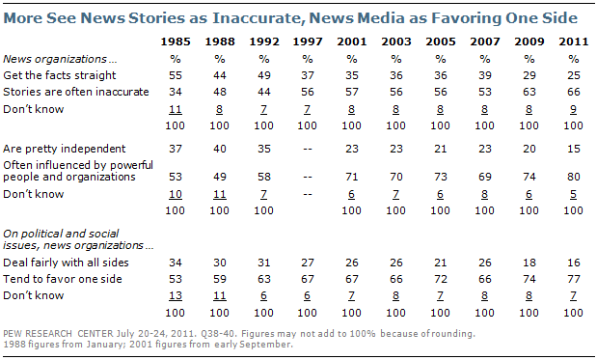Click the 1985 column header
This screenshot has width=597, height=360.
point(176,42)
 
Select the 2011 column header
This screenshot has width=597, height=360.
point(574,42)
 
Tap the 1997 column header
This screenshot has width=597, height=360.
point(308,42)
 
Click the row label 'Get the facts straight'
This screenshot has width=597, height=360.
point(60,75)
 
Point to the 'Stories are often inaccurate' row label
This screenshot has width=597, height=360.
point(76,92)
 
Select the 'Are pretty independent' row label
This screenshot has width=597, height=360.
point(64,149)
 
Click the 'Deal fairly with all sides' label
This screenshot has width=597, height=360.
point(66,263)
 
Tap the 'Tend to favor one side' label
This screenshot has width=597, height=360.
point(63,279)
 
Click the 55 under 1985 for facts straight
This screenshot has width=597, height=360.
point(176,75)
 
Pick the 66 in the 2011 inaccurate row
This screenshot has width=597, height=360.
point(574,92)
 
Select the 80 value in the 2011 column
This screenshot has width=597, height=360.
point(574,177)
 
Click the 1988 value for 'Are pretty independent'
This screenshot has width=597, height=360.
point(220,149)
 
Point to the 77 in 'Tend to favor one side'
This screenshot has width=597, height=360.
point(574,279)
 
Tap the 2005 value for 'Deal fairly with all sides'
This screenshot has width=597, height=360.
point(441,263)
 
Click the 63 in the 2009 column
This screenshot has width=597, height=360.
point(529,92)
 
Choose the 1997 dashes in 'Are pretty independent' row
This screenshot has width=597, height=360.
point(308,149)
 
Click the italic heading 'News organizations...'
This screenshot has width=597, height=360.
point(60,59)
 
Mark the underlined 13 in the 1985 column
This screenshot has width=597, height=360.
point(176,296)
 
